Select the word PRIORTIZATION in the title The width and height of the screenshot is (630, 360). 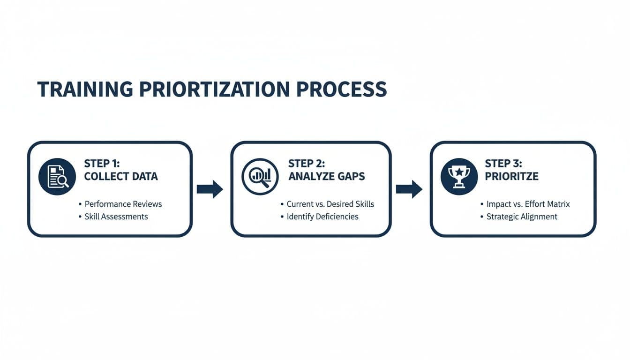click(x=215, y=89)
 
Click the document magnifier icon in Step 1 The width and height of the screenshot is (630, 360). click(x=57, y=176)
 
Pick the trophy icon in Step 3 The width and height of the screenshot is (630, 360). click(x=459, y=176)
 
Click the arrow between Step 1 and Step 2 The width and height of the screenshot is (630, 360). click(x=210, y=189)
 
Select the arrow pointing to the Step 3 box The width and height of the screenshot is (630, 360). click(x=409, y=189)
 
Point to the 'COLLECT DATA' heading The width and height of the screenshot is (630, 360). click(x=121, y=177)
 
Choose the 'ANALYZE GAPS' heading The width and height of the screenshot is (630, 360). click(x=326, y=177)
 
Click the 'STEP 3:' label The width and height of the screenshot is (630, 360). click(x=504, y=164)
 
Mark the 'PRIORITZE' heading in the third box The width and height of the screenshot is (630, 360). click(x=511, y=177)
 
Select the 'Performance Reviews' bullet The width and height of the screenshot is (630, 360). click(x=123, y=204)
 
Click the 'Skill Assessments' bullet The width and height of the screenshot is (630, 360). click(x=116, y=217)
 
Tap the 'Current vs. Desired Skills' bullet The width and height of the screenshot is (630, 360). click(x=330, y=204)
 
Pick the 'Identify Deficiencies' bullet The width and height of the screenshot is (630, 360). click(x=322, y=217)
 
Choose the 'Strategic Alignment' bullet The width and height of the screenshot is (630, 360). click(x=522, y=217)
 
